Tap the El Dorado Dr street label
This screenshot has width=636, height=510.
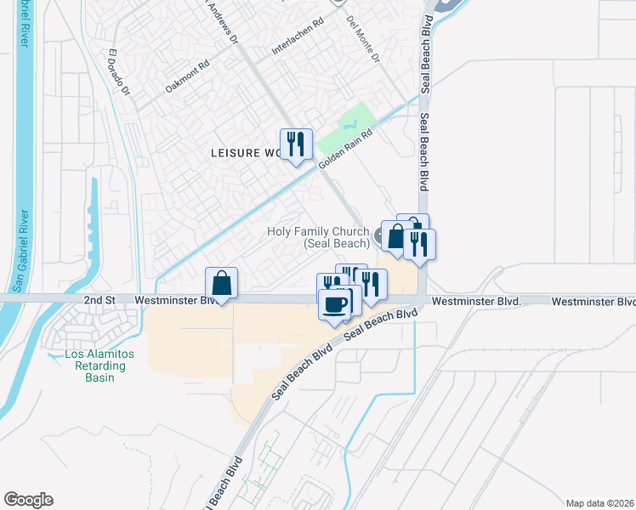[x=118, y=73]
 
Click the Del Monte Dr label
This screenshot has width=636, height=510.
[x=363, y=37]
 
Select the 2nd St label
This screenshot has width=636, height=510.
[x=99, y=301]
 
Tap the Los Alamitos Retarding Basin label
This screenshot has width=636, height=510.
[x=95, y=365]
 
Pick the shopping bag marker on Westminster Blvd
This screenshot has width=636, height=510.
[x=221, y=284]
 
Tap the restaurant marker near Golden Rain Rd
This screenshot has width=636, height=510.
[x=295, y=144]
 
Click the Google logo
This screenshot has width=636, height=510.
[x=28, y=500]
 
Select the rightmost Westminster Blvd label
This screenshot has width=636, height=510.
[x=593, y=302]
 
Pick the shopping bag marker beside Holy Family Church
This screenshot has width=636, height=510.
[x=395, y=236]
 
